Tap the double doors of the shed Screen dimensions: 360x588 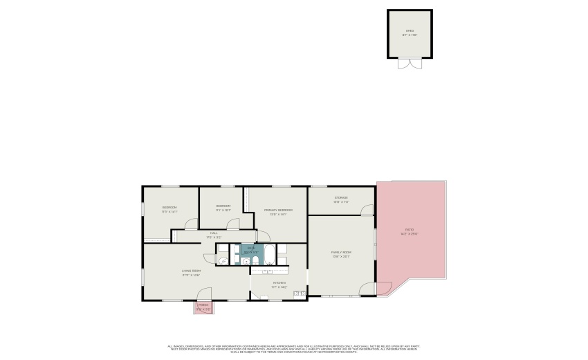[x=410, y=64]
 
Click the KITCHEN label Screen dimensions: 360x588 [x=279, y=282]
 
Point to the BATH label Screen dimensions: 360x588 [x=251, y=248]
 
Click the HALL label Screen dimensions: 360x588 [x=214, y=233]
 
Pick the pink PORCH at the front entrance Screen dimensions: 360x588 [x=203, y=307]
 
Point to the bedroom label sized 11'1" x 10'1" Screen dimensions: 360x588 [x=223, y=206]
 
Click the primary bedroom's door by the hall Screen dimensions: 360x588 [x=263, y=235]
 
